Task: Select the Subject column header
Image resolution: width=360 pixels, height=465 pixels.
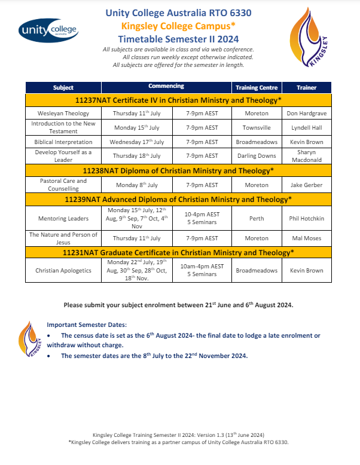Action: (x=63, y=87)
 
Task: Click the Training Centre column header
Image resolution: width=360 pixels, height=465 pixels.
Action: (x=256, y=88)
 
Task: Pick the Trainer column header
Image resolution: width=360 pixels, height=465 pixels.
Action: (x=306, y=88)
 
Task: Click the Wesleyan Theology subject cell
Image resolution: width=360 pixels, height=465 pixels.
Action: (x=63, y=112)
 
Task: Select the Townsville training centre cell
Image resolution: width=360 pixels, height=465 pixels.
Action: (x=256, y=127)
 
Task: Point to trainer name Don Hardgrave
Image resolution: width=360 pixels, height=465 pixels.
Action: (x=306, y=112)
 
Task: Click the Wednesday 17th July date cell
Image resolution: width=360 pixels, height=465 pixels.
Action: (x=137, y=142)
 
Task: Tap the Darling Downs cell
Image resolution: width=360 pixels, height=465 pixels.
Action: (x=256, y=156)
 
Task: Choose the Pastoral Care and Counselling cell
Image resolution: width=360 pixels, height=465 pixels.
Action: (x=63, y=185)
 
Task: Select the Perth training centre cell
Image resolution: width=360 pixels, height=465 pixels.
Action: (x=256, y=218)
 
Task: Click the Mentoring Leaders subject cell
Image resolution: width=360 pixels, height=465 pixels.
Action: (x=63, y=218)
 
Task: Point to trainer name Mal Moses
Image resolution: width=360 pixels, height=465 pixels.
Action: (x=306, y=238)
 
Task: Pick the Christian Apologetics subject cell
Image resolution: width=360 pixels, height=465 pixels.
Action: (x=63, y=270)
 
